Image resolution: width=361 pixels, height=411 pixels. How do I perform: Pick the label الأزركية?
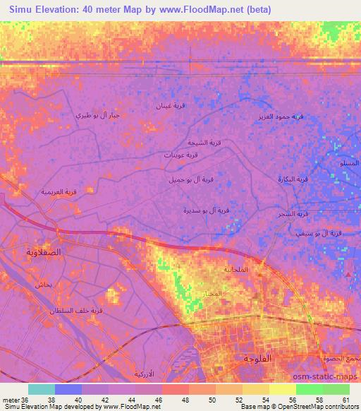click(145, 372)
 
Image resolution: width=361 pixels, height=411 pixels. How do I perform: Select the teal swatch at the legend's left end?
click(42, 389)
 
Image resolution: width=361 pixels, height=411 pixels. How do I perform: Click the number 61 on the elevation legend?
click(344, 400)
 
